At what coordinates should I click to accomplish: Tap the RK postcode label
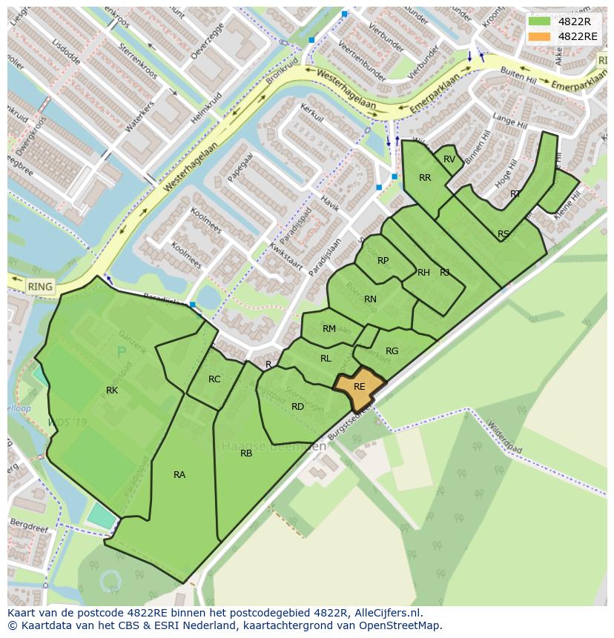[112, 391]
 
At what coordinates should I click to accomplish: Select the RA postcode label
[179, 475]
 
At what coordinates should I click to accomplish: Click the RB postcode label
[246, 453]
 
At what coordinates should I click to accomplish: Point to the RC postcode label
[214, 379]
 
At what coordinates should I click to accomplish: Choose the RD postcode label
[297, 407]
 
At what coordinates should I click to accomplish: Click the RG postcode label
[392, 351]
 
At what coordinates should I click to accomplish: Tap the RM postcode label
[329, 329]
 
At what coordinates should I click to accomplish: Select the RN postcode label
[370, 299]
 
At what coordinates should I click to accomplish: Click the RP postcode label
[383, 261]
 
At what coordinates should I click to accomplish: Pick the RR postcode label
[425, 178]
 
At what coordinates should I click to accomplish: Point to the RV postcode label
[449, 159]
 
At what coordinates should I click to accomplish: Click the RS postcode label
[504, 234]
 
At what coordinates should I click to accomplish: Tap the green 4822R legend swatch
[540, 21]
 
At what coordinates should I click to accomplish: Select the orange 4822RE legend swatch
[540, 36]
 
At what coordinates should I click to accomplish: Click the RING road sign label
[40, 287]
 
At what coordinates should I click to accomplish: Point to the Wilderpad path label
[504, 439]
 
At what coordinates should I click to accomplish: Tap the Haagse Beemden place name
[274, 447]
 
